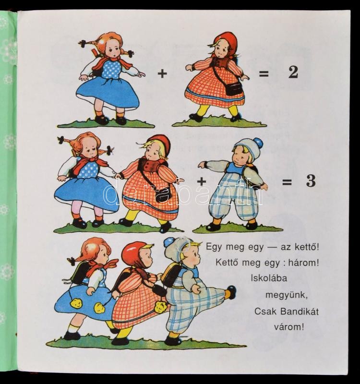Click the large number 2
(293, 72)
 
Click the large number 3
(311, 181)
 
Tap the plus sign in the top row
(162, 73)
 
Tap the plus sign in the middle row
(202, 181)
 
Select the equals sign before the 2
(264, 73)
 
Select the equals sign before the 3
(287, 182)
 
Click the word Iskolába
(269, 278)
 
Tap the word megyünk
(287, 295)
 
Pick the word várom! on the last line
(289, 327)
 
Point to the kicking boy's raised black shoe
(231, 292)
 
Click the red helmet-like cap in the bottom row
(133, 253)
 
